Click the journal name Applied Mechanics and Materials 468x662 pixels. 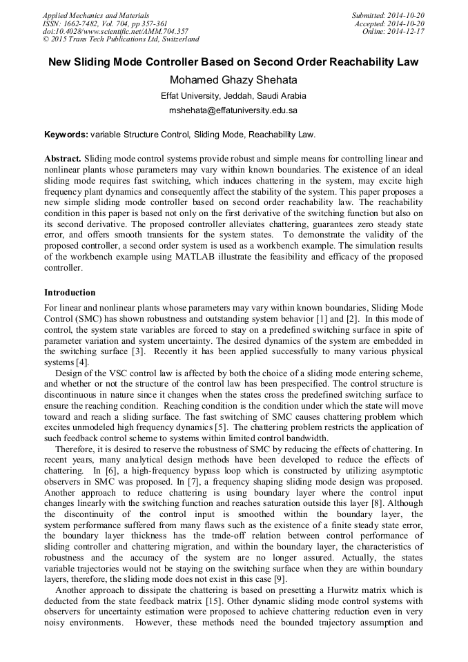click(95, 14)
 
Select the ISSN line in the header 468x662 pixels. click(104, 23)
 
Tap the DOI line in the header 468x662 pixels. click(115, 31)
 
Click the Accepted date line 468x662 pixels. click(389, 23)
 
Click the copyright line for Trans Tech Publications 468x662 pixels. click(121, 39)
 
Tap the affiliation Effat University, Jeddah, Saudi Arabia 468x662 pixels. click(233, 96)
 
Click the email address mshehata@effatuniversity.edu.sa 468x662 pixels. click(233, 110)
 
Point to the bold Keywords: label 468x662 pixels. click(66, 135)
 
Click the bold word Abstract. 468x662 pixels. click(63, 159)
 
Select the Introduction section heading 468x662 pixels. click(70, 293)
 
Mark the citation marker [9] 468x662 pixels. click(275, 578)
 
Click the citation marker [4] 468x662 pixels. click(82, 362)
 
